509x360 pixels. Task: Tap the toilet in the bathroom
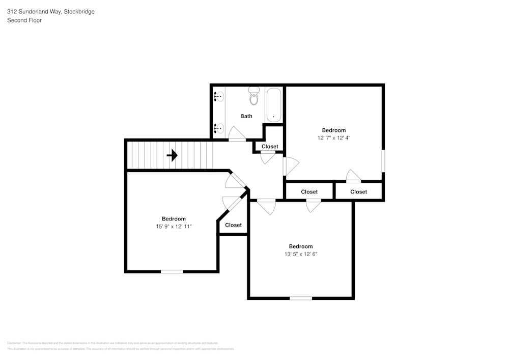tap(253, 96)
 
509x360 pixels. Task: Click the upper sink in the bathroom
tap(219, 96)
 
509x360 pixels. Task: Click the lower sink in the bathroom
tap(219, 128)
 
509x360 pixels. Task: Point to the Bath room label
tap(246, 116)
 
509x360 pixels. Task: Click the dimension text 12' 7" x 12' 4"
tap(334, 137)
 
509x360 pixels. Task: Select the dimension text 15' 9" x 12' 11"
tap(174, 226)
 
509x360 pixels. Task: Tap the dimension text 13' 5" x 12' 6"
tap(301, 254)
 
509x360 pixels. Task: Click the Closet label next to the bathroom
tap(270, 147)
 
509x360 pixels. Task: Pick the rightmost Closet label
tap(358, 192)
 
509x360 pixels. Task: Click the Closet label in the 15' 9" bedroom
tap(233, 225)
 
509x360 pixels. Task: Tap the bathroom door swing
tap(237, 135)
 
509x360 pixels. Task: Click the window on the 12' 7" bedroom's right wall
tap(383, 161)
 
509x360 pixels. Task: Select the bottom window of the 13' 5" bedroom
tap(301, 298)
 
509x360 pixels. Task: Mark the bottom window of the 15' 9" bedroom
tap(172, 271)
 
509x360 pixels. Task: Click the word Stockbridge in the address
tap(79, 11)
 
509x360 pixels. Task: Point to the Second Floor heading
tap(24, 20)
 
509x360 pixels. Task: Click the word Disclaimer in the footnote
tap(14, 343)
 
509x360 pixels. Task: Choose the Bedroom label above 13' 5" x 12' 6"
tap(301, 246)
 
